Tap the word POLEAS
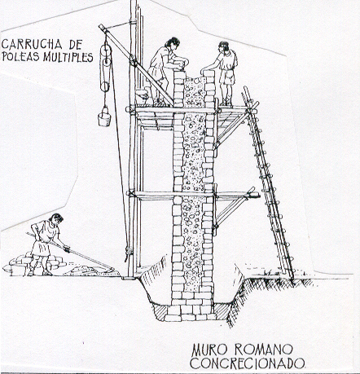21,57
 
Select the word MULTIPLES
68,57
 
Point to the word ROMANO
263,350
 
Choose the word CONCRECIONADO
247,363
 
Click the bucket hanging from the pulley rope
104,117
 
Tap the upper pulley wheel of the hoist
105,51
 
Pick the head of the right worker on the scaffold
224,46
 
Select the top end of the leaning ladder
245,88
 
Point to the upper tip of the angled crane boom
100,26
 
